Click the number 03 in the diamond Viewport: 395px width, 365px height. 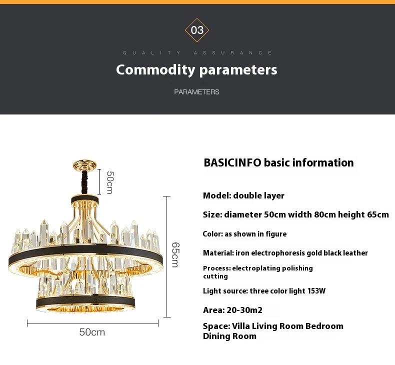coord(197,30)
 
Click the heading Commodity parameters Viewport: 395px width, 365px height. coord(196,69)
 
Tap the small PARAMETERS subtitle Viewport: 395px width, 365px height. coord(196,92)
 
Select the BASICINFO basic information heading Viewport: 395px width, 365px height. coord(278,163)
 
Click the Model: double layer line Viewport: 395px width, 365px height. coord(243,195)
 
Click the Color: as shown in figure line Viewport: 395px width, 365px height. coord(244,234)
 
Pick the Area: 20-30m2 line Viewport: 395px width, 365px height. coord(232,310)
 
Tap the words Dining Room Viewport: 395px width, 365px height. coord(229,336)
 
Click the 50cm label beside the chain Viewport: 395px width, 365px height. coord(110,182)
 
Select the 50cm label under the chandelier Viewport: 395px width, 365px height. coord(92,332)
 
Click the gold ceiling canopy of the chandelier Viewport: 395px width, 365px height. coord(85,164)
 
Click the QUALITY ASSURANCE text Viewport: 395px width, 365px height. coord(197,52)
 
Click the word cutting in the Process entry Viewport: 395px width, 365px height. coord(215,276)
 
